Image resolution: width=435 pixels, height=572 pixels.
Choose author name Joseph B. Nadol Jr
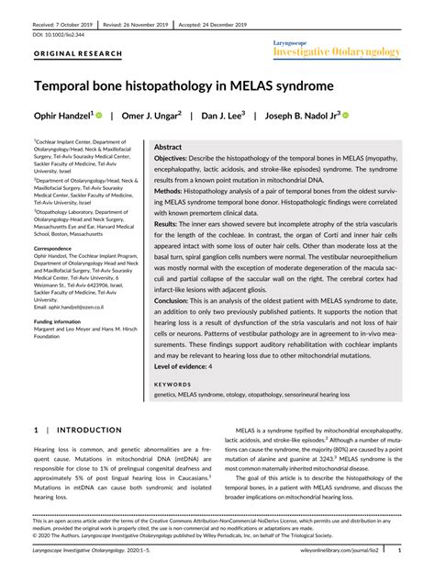click(x=307, y=118)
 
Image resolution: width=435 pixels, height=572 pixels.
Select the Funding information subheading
click(x=64, y=322)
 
